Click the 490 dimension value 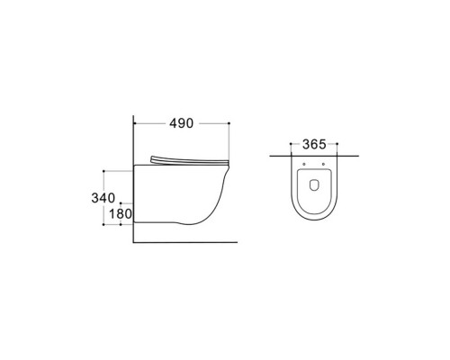(181, 122)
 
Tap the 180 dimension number (121, 214)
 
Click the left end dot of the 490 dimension (133, 121)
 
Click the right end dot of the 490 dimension (229, 121)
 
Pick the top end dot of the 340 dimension (106, 168)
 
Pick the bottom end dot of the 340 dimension (106, 224)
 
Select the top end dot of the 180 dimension (119, 203)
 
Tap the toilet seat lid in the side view (190, 161)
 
